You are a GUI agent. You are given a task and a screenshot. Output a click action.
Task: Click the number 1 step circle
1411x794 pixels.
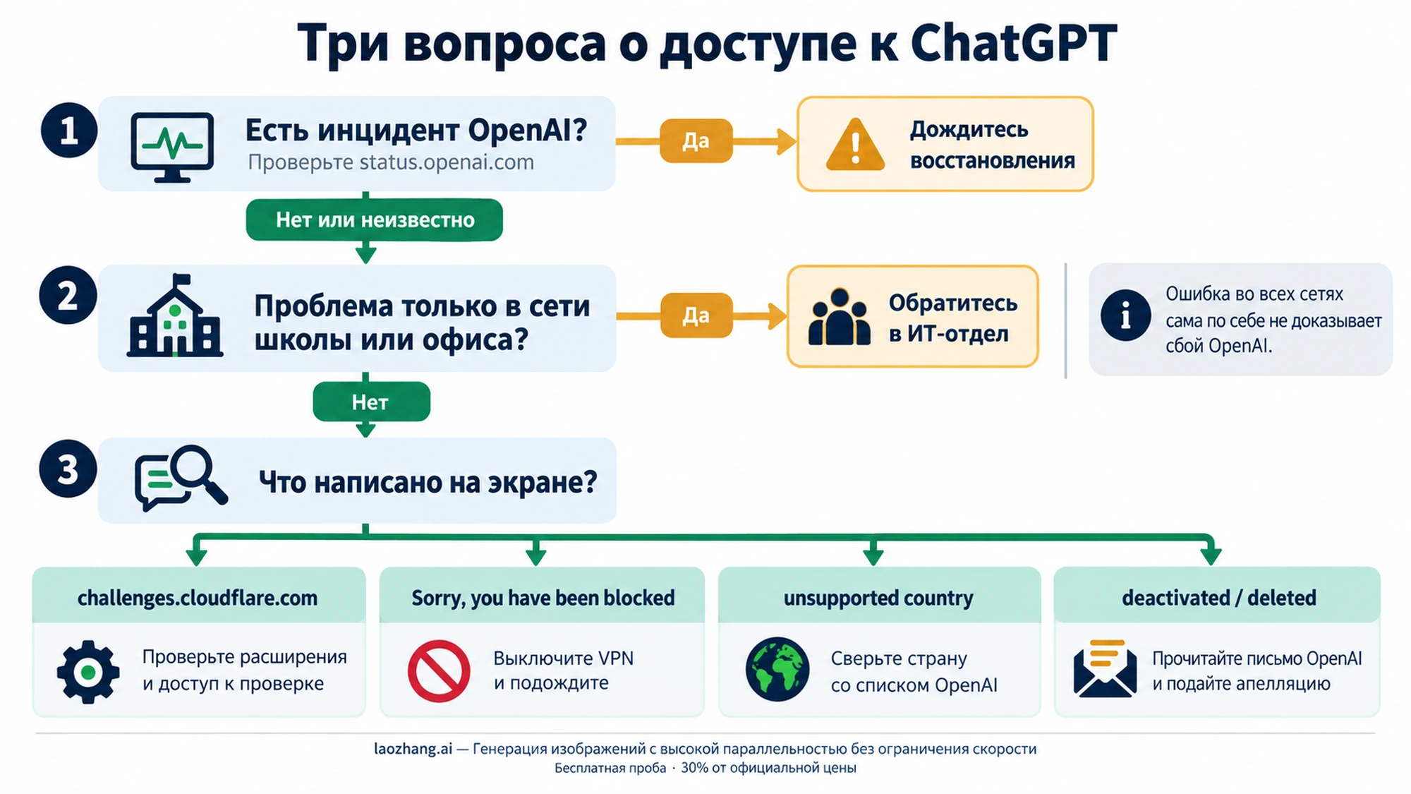click(68, 131)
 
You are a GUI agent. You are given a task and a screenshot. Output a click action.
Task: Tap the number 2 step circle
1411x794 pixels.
click(68, 296)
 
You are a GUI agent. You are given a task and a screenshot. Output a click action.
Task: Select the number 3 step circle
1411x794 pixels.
click(68, 469)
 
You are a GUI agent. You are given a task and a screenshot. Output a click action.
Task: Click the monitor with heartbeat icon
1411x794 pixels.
click(172, 147)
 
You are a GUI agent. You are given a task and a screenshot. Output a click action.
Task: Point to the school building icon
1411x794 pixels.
click(175, 315)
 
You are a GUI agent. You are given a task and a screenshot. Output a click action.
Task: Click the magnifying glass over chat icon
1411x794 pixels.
click(181, 478)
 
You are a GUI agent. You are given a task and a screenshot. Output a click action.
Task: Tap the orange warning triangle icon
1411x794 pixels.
click(855, 145)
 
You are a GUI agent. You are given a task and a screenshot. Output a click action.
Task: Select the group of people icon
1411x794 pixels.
click(839, 317)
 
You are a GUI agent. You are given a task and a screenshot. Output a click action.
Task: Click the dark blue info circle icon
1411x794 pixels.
click(1125, 315)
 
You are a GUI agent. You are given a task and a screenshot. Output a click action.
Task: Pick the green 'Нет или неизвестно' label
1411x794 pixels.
click(375, 220)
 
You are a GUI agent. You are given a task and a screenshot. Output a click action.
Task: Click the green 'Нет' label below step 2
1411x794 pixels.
click(371, 402)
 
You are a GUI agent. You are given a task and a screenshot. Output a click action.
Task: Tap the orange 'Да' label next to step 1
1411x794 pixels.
click(696, 141)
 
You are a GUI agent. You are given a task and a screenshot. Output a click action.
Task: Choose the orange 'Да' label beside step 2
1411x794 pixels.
click(696, 315)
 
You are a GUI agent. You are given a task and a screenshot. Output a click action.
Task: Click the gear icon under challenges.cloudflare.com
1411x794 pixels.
click(88, 672)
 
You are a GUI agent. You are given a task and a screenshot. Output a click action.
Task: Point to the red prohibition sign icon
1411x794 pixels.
click(439, 671)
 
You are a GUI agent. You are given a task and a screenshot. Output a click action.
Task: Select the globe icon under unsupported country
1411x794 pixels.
click(777, 669)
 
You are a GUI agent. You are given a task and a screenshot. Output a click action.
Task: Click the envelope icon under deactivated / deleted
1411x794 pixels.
click(1105, 668)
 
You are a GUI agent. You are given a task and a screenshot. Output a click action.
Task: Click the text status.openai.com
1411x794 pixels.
click(447, 163)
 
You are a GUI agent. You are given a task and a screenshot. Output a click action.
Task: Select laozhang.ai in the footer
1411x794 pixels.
click(413, 749)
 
